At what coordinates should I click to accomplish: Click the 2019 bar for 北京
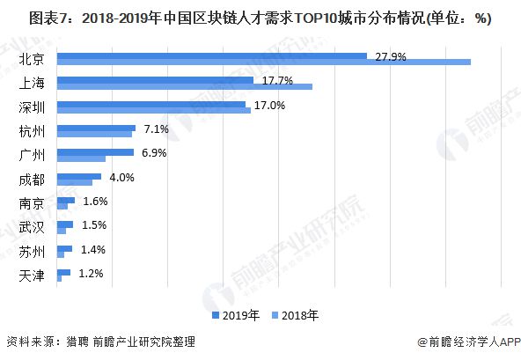[211, 55]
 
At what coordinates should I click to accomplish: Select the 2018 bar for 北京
[264, 62]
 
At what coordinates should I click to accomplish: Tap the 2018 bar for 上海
[185, 86]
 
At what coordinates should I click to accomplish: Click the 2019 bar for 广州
[95, 152]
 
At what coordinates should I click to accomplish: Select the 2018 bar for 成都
[75, 182]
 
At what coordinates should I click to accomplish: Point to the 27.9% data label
[390, 56]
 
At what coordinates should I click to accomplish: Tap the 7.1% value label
[157, 129]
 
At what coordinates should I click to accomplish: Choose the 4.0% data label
[121, 177]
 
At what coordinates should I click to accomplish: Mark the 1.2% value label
[91, 274]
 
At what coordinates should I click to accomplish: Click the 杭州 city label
[32, 132]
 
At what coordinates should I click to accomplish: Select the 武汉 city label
[32, 228]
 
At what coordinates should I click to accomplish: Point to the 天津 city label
[32, 276]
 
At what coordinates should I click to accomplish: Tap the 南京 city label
[32, 204]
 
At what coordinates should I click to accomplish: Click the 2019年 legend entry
[236, 313]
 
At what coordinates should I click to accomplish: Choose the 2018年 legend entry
[295, 313]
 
